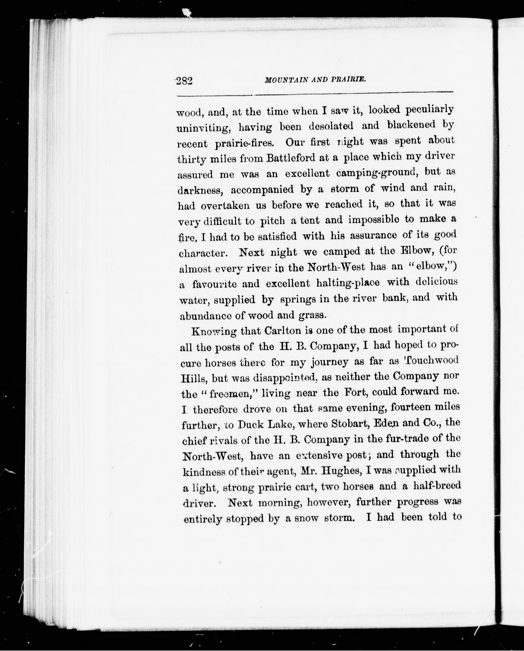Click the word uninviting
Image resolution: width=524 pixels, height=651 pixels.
coord(204,128)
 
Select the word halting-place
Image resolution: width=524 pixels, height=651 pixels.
coord(347,283)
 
